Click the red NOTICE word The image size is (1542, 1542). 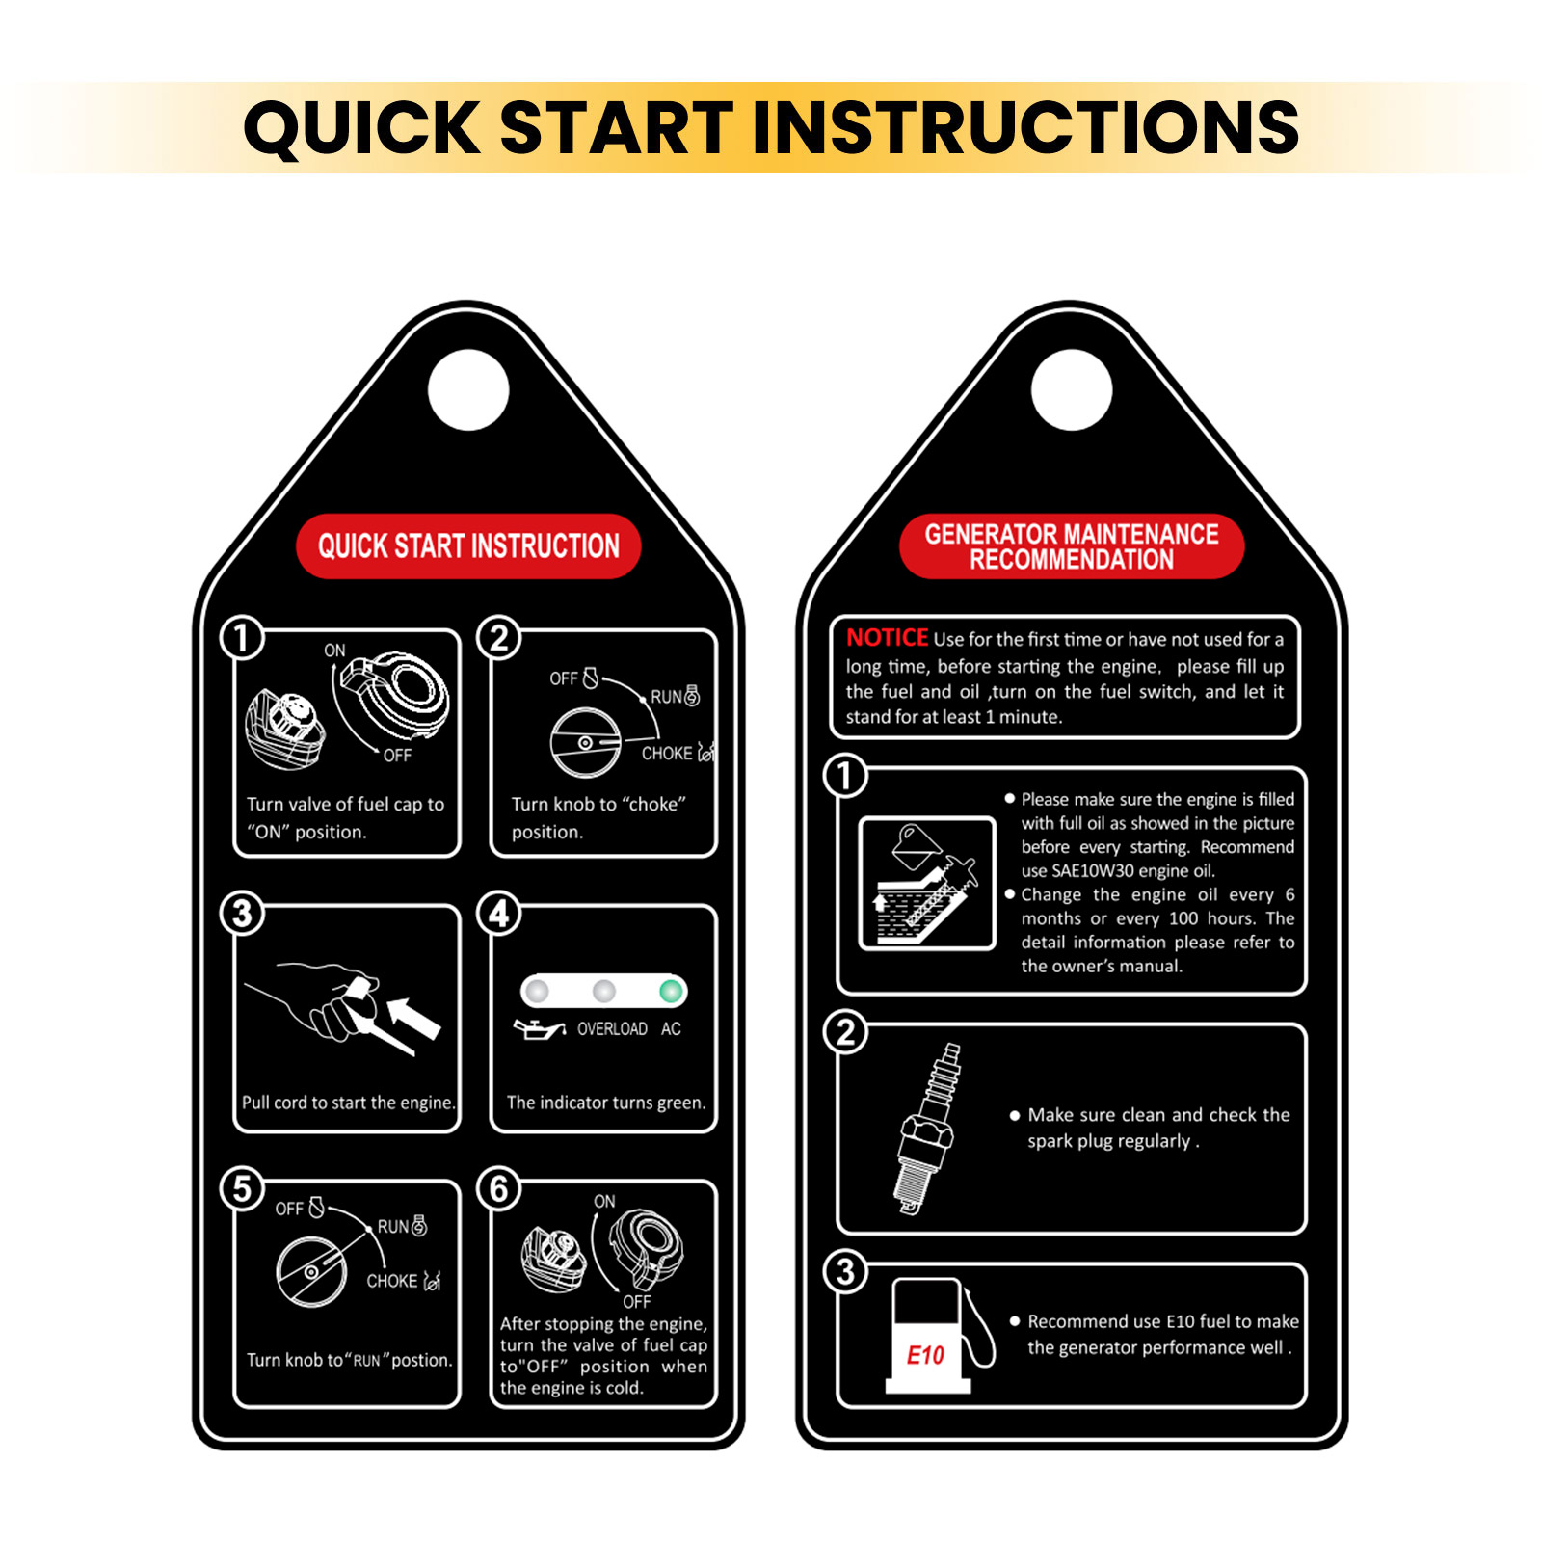(887, 637)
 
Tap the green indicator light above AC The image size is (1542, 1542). (671, 991)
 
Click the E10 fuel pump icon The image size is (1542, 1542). (940, 1335)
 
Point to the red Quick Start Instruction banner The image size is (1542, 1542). (468, 546)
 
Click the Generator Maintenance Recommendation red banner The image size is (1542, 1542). (1072, 546)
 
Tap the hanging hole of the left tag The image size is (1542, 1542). (468, 390)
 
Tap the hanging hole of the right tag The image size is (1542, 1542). (1072, 390)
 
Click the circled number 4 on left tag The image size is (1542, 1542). (499, 913)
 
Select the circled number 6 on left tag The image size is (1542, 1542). (499, 1188)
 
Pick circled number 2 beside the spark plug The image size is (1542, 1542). (845, 1032)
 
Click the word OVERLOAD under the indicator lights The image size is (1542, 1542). (612, 1029)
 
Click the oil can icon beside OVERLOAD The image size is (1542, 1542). (540, 1029)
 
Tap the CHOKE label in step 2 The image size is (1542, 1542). (667, 753)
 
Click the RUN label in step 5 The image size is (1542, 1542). (393, 1227)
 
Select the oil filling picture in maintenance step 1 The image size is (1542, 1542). (927, 884)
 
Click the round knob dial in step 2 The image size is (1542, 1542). (585, 743)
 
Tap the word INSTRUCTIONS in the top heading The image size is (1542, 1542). (1025, 127)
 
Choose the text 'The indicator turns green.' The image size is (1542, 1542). (606, 1103)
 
